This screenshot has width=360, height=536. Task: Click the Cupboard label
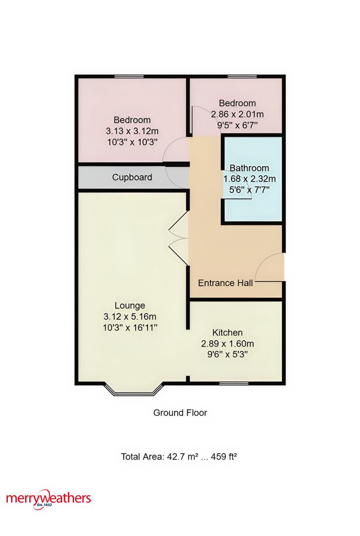[x=132, y=177]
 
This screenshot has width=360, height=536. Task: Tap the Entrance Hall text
[x=225, y=283]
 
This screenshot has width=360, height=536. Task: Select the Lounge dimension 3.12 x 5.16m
[x=130, y=317]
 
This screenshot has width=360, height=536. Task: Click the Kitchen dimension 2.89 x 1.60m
[x=227, y=343]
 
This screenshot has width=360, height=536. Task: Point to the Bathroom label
[x=249, y=168]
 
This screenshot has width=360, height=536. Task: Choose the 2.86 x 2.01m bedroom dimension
[x=237, y=114]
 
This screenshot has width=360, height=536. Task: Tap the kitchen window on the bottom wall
[x=234, y=383]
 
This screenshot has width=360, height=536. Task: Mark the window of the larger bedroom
[x=129, y=76]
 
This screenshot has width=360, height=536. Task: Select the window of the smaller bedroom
[x=242, y=76]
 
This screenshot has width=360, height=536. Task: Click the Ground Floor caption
[x=180, y=413]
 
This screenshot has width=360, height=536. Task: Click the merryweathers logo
[x=49, y=499]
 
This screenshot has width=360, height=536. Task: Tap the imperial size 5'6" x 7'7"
[x=249, y=190]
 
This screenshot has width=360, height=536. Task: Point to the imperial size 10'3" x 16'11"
[x=130, y=328]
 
